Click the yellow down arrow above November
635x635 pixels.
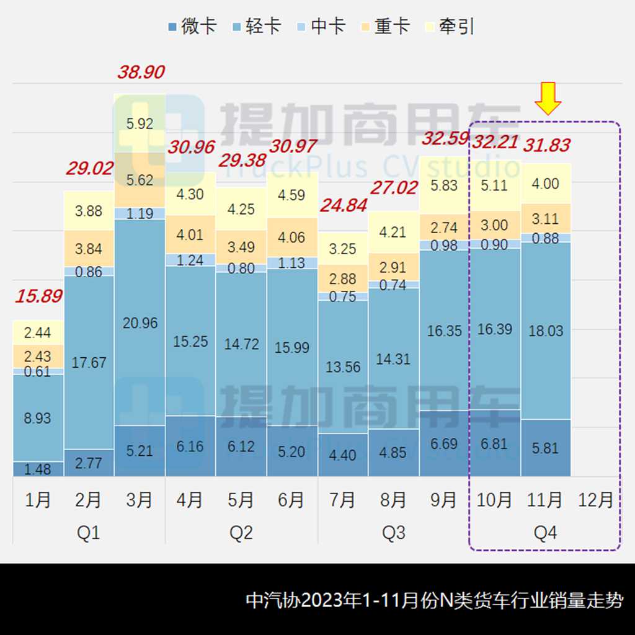click(x=548, y=99)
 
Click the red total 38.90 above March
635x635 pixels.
click(x=141, y=72)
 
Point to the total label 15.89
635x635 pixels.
click(x=38, y=296)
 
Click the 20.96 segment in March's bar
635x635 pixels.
click(x=140, y=322)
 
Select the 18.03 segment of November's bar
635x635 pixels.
click(x=546, y=331)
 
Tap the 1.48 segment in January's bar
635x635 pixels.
click(x=38, y=469)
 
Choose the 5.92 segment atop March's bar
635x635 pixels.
click(x=140, y=123)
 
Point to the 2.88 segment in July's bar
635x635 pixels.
click(x=343, y=278)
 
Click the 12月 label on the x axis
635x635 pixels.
click(x=596, y=500)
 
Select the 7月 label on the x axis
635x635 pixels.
click(x=343, y=500)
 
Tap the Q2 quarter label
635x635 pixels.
click(x=241, y=533)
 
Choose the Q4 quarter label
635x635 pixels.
click(x=546, y=533)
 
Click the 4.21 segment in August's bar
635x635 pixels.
click(x=393, y=232)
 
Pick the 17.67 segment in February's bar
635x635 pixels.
click(x=89, y=362)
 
